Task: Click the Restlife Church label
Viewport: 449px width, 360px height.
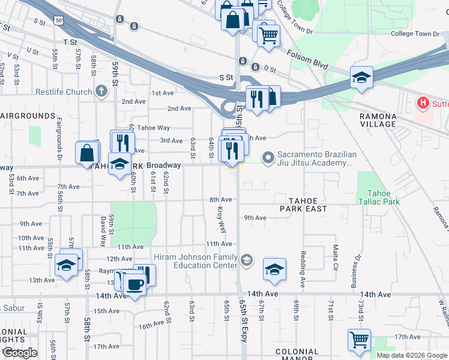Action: pos(63,92)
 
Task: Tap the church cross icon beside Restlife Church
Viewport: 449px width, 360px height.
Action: pos(101,92)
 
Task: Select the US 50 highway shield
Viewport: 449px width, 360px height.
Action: pos(58,20)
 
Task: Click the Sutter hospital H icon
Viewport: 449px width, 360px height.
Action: pos(423,103)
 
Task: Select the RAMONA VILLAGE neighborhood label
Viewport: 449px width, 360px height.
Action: pos(378,120)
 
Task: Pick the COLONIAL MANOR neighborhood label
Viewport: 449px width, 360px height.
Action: pos(297,355)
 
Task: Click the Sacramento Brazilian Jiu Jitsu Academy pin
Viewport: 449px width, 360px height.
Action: pos(268,158)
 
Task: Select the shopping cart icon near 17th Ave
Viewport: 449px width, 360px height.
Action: pos(359,340)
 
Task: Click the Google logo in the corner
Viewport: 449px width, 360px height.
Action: pos(19,353)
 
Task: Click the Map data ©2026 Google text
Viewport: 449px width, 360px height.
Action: pos(411,355)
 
